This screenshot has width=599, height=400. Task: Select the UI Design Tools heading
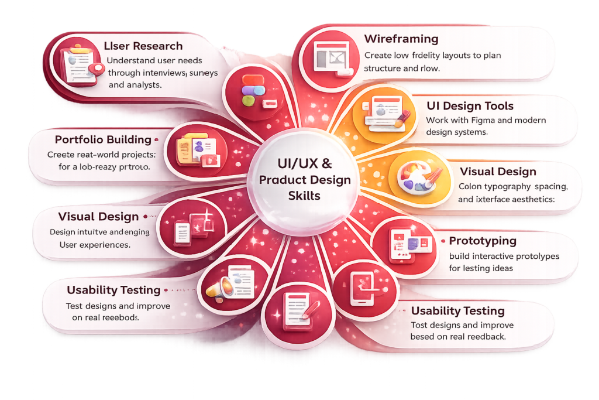470,106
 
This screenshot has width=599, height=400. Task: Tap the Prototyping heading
483,241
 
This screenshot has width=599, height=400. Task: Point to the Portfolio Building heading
103,140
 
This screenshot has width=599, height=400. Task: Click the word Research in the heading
159,46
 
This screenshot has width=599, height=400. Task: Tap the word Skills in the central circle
304,195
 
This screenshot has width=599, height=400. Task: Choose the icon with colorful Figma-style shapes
250,93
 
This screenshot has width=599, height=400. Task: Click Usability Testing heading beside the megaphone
113,290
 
